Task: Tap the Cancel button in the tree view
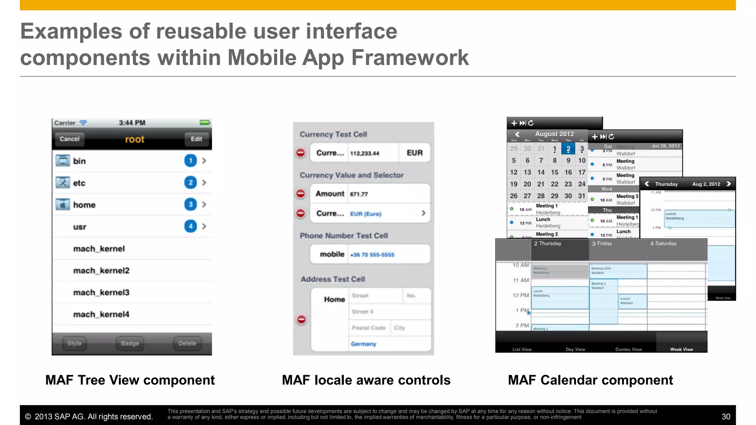pos(69,139)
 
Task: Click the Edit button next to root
pos(196,139)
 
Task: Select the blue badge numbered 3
pos(190,204)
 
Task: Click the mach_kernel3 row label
pos(101,293)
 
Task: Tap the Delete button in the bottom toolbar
pos(187,343)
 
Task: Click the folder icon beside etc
pos(63,183)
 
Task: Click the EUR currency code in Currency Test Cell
pos(415,153)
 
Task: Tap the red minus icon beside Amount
pos(301,193)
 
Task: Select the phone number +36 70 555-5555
pos(372,255)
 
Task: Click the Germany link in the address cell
pos(363,344)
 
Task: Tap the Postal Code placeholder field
pos(368,328)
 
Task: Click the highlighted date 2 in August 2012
pos(568,149)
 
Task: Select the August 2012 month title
pos(554,134)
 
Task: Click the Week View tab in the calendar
pos(681,349)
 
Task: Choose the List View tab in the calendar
pos(522,349)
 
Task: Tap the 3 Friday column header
pos(602,243)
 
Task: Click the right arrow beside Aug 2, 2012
pos(728,184)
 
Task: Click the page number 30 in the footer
pos(726,417)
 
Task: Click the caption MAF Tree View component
pos(130,380)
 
